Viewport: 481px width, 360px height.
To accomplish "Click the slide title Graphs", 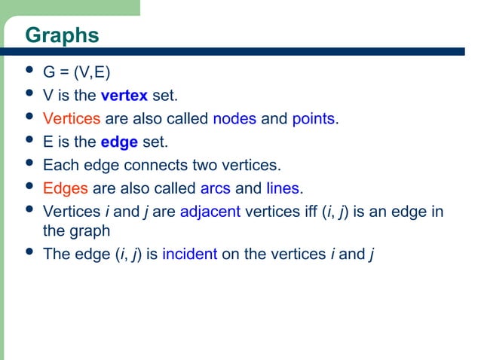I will pos(62,35).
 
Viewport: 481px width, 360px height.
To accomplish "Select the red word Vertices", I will pos(72,119).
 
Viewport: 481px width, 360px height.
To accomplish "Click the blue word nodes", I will pos(234,119).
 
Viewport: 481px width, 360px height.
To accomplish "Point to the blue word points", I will pos(314,119).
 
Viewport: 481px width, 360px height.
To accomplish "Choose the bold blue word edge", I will pos(119,142).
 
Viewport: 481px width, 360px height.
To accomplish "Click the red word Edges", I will pos(66,188).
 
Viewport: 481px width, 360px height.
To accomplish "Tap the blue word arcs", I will pos(215,188).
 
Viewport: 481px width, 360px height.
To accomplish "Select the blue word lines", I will pos(283,188).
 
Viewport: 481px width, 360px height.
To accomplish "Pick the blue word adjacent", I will pos(210,211).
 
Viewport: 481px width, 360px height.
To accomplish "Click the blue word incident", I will pos(189,254).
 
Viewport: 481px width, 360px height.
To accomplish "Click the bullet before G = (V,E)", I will pos(29,72).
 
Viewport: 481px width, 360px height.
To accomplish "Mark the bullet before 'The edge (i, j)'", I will pos(29,252).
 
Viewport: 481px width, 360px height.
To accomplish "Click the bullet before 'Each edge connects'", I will pos(29,163).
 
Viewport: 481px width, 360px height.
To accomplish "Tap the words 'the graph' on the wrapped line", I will pos(76,231).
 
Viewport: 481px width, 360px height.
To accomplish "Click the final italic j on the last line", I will pos(372,254).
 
